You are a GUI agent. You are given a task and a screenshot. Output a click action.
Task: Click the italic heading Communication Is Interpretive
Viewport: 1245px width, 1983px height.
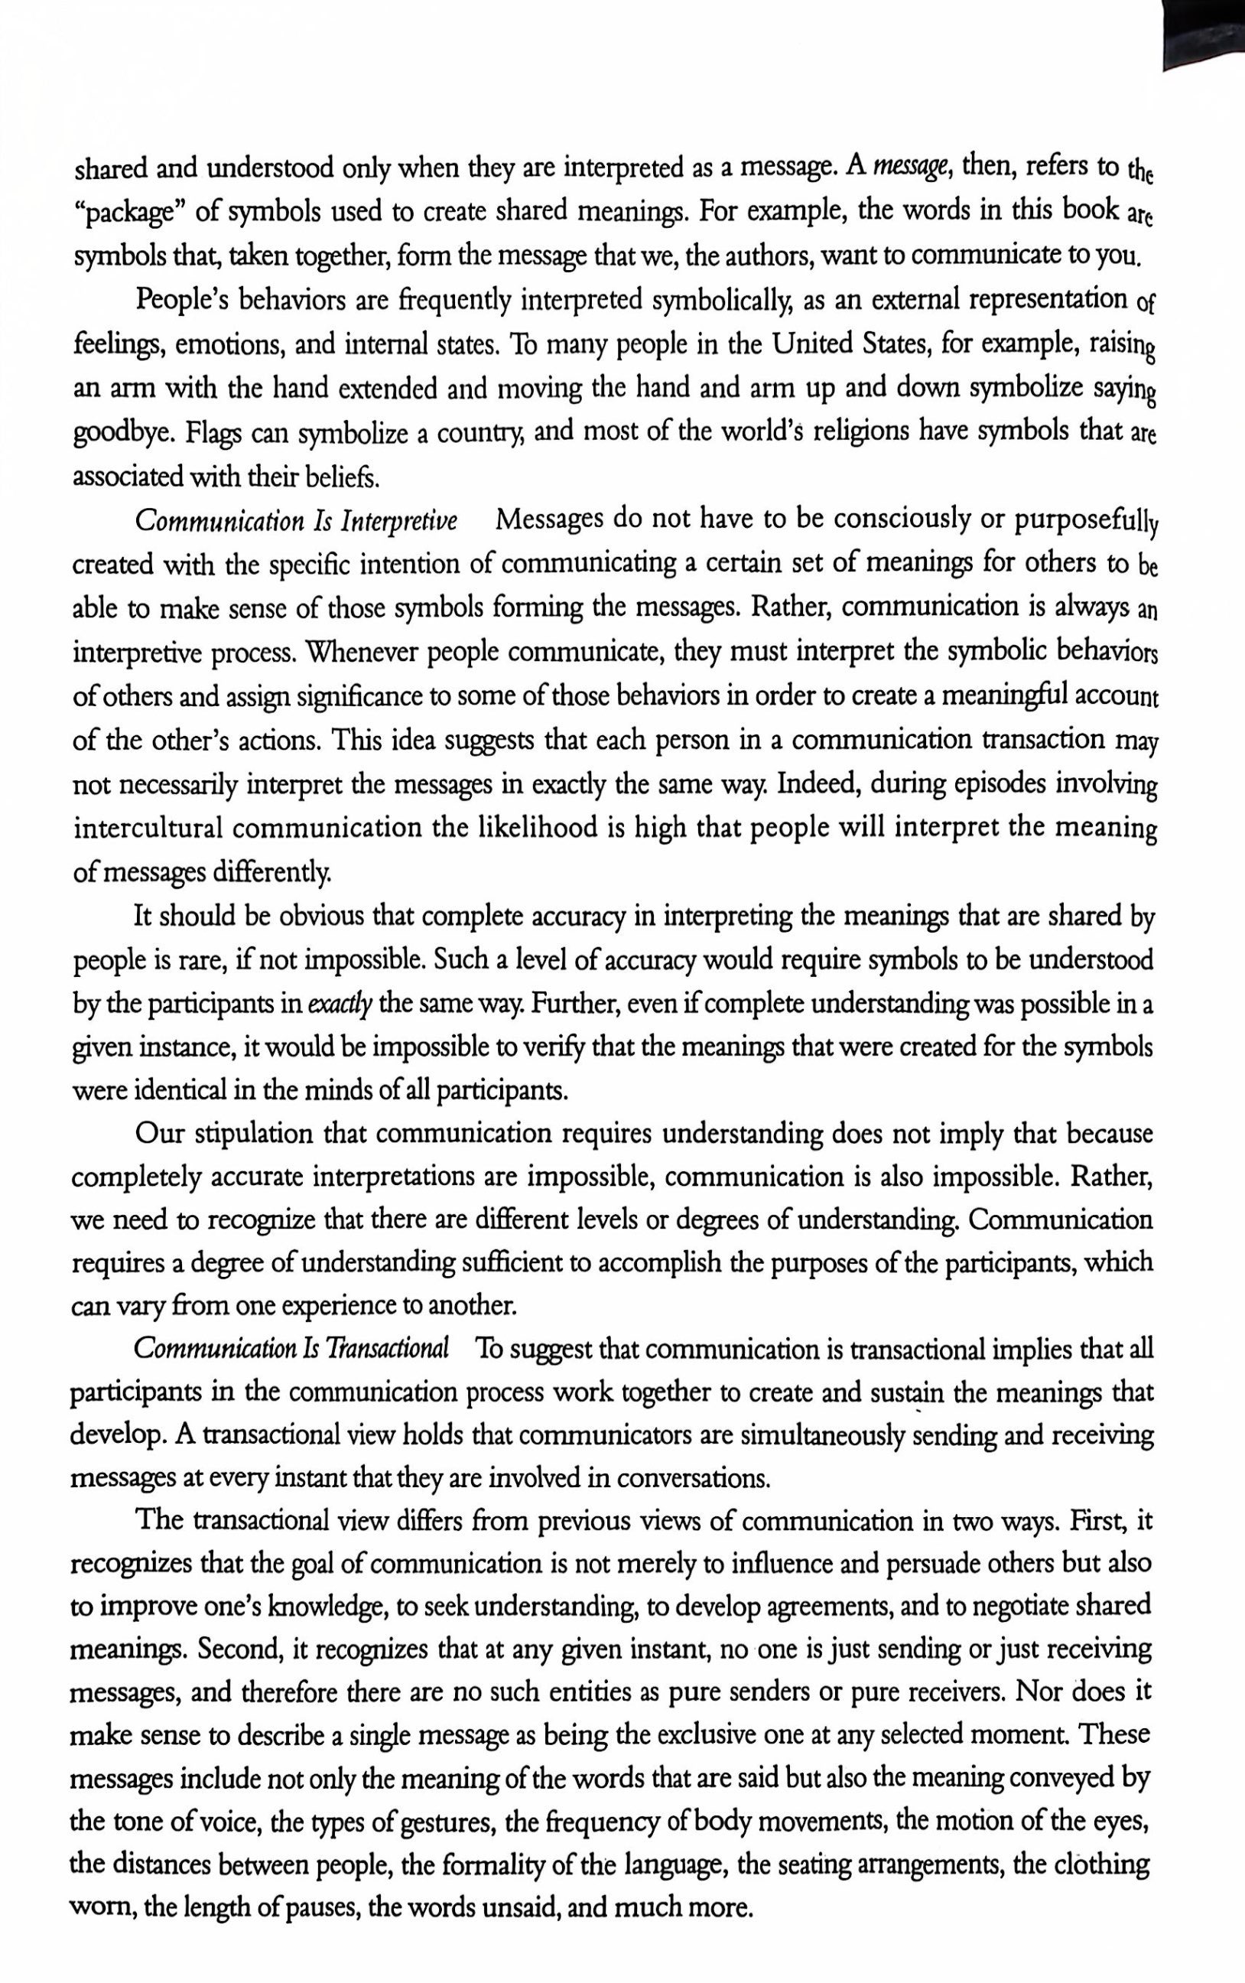pyautogui.click(x=297, y=521)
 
